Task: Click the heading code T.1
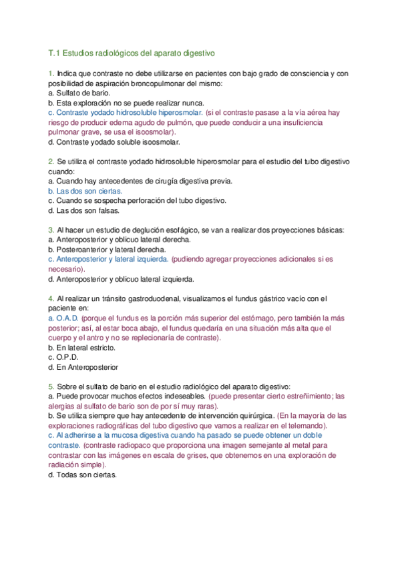point(55,51)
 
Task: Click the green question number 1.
point(51,73)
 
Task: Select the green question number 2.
point(51,162)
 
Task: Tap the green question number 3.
point(51,230)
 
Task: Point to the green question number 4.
point(51,299)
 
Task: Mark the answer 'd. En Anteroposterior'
point(83,367)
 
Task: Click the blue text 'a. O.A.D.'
point(63,318)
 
